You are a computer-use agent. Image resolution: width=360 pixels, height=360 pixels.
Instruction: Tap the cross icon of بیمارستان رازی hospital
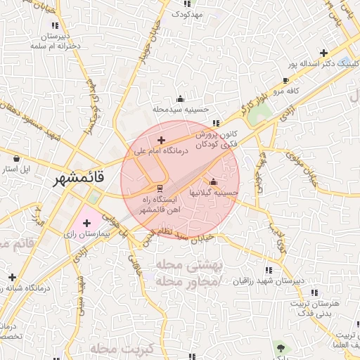tap(86, 224)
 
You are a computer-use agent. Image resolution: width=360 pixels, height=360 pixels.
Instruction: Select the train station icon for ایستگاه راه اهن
tap(160, 188)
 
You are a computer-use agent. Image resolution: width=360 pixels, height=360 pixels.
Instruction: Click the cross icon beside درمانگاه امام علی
tap(162, 140)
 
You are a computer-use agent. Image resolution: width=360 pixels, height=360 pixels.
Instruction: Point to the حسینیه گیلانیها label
tap(214, 192)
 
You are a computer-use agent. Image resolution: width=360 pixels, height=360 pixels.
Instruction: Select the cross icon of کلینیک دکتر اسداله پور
tap(323, 53)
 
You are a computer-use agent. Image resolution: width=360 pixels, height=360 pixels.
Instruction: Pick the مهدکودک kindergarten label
tap(187, 14)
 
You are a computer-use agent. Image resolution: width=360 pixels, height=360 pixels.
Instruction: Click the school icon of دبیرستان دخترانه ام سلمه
tap(55, 25)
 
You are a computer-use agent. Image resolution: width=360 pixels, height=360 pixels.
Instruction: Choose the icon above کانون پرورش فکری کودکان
tap(217, 123)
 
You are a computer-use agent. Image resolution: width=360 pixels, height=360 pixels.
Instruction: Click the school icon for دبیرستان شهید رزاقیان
tap(269, 270)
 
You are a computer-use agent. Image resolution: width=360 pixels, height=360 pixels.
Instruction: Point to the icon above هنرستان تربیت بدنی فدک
tap(314, 292)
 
